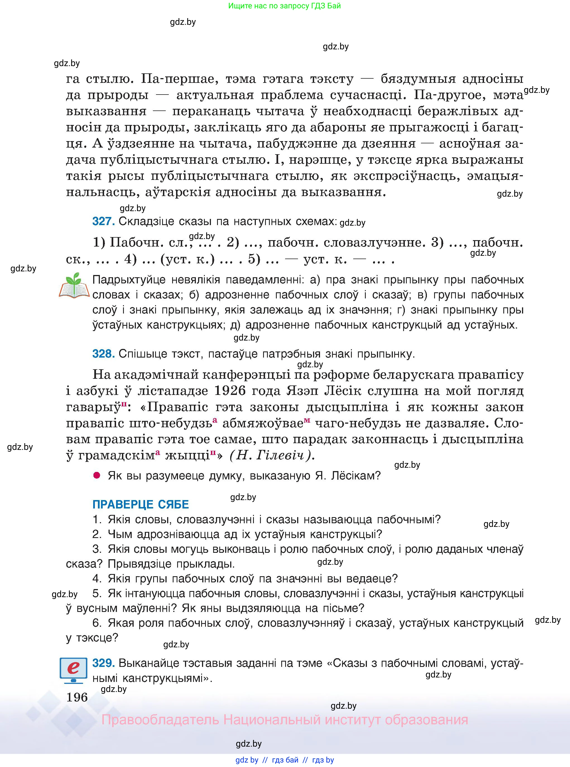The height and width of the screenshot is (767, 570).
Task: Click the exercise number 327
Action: coord(103,221)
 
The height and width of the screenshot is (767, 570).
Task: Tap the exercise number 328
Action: coord(103,353)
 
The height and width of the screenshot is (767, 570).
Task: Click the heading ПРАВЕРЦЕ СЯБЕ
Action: coord(140,505)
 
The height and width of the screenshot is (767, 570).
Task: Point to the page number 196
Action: coord(77,697)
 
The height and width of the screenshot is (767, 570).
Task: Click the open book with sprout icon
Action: coord(74,286)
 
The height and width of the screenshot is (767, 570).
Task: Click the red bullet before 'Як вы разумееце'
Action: coord(97,476)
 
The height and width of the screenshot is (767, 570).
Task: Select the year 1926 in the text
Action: coord(230,391)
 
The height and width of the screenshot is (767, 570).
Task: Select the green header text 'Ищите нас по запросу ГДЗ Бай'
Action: coord(284,6)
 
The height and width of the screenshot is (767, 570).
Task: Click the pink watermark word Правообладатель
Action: coord(160,720)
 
